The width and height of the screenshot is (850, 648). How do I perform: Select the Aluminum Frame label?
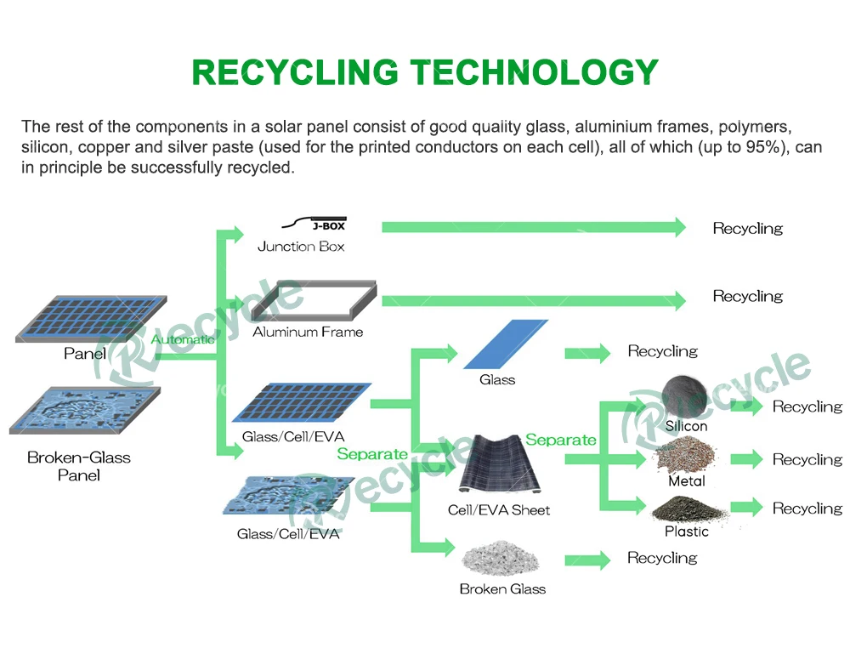click(x=308, y=332)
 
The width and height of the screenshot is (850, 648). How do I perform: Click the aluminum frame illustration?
click(x=314, y=302)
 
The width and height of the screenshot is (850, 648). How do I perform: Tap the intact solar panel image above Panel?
click(x=81, y=319)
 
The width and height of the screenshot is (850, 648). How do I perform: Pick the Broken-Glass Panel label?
click(x=79, y=466)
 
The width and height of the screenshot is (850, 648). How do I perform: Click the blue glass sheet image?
click(x=506, y=344)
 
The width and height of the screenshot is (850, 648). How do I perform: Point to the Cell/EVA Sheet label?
click(x=499, y=510)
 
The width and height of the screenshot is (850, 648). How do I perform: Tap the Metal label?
click(x=687, y=481)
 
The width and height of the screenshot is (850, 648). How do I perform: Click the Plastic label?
click(x=687, y=531)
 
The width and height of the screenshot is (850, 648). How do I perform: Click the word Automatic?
click(x=183, y=339)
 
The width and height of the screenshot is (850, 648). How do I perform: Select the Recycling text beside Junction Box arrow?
click(x=748, y=228)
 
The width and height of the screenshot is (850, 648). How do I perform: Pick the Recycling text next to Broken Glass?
click(x=662, y=558)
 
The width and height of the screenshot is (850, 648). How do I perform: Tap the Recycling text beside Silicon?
click(x=807, y=406)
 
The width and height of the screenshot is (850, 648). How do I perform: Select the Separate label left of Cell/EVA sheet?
click(x=372, y=454)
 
